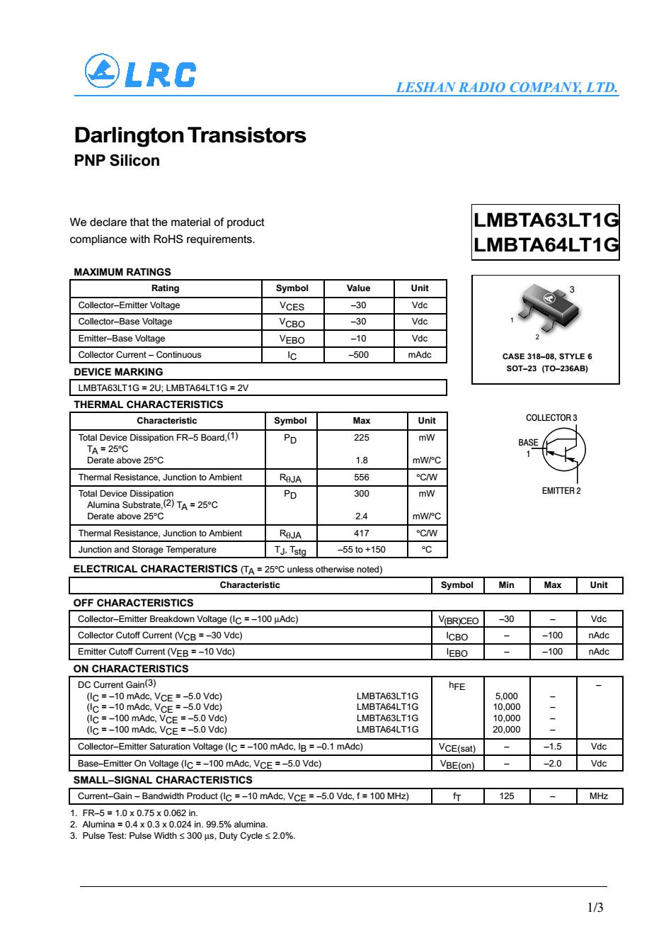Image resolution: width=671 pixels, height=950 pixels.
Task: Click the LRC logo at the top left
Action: coord(139,72)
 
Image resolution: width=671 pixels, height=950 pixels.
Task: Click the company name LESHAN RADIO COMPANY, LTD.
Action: coord(507,88)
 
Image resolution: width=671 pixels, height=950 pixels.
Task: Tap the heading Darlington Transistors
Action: coord(190,135)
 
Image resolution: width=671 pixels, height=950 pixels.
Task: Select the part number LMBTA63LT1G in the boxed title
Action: coord(546,220)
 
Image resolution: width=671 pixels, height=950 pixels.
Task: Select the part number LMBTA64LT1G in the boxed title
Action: coord(546,244)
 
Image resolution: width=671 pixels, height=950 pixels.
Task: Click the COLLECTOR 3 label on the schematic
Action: coord(551,418)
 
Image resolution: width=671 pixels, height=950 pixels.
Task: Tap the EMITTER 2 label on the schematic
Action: coord(561,491)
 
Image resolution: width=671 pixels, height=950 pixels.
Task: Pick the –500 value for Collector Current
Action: coord(359,355)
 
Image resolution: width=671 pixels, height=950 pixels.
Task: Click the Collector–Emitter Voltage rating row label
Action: coord(129,305)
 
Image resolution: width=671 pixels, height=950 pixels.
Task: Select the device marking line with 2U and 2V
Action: coord(164,388)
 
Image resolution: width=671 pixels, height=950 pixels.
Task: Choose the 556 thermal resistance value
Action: coord(361,477)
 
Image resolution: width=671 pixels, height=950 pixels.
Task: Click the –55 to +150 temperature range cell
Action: coord(361,550)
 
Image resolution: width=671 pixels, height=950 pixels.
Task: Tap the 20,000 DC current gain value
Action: coord(506,730)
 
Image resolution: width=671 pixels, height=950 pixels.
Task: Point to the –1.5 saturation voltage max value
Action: coord(552,747)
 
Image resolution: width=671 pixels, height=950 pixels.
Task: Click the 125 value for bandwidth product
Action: coord(506,796)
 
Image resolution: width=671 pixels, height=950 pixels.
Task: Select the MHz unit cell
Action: coord(598,796)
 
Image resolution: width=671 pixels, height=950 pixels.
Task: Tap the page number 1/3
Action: coord(595,907)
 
